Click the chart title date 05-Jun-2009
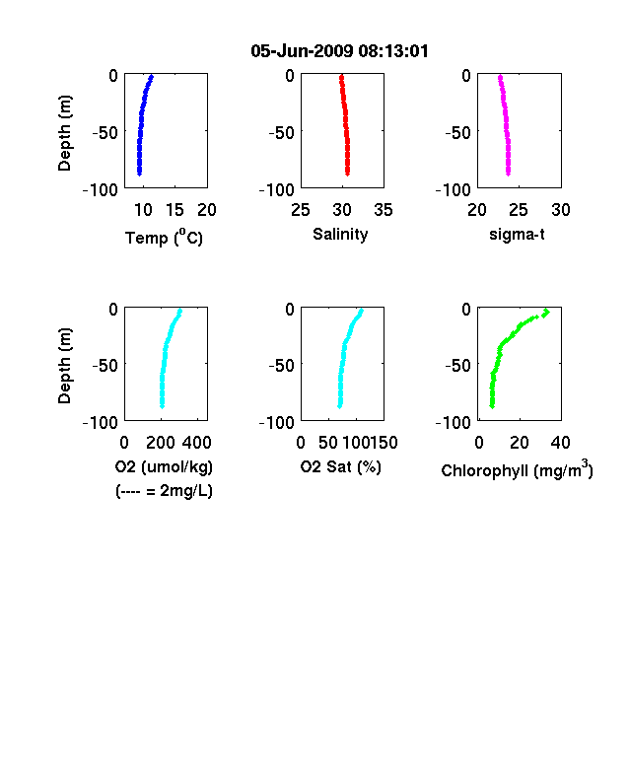click(x=302, y=51)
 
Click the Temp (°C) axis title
click(x=164, y=237)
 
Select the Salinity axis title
click(x=340, y=235)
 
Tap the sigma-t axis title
click(x=517, y=235)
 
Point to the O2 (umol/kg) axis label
click(x=164, y=466)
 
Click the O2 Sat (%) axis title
click(x=341, y=466)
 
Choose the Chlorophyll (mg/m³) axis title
click(x=517, y=468)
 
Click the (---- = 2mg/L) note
click(x=164, y=491)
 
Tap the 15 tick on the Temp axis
click(x=175, y=210)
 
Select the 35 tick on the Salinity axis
click(x=384, y=210)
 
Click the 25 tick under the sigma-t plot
click(x=518, y=210)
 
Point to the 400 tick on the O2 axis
click(x=197, y=443)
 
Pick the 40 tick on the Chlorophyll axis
click(x=560, y=443)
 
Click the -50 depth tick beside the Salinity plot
click(x=282, y=133)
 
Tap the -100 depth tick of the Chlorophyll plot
click(x=454, y=423)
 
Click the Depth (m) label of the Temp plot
click(x=65, y=133)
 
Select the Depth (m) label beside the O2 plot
click(x=65, y=366)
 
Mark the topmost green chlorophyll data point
click(x=546, y=313)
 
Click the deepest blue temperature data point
click(x=140, y=174)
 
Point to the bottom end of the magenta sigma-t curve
click(x=508, y=174)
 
